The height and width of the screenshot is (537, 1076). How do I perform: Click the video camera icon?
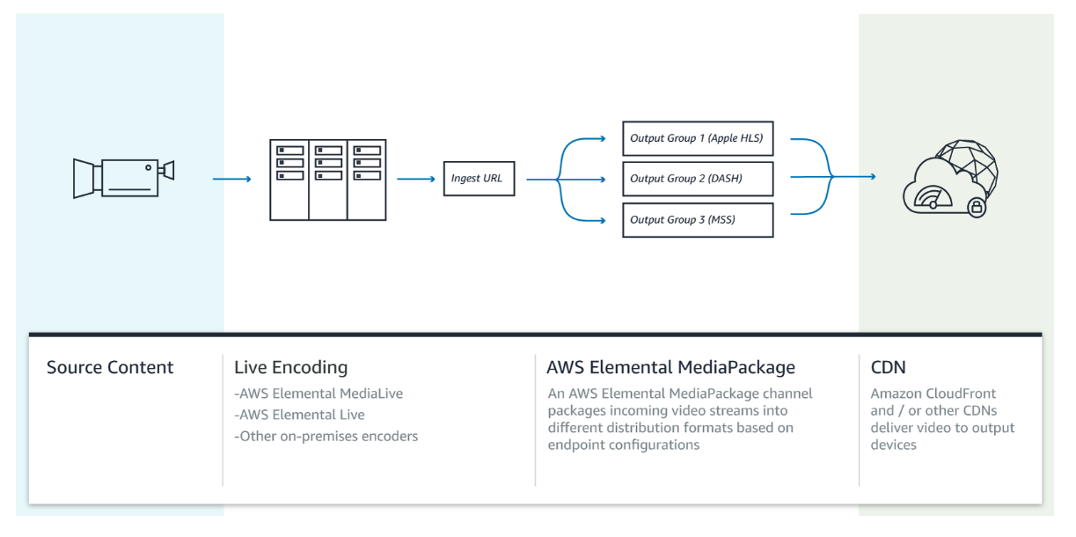(x=123, y=178)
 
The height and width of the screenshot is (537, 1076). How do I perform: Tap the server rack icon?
(x=327, y=180)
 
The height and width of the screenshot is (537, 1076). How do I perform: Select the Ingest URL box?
(x=479, y=179)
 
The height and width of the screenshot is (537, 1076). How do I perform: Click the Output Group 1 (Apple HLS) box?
(x=698, y=138)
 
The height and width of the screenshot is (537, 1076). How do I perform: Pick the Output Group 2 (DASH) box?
(x=698, y=179)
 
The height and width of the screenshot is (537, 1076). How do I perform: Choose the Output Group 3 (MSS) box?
(x=698, y=220)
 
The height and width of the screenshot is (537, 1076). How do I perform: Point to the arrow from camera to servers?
(x=232, y=179)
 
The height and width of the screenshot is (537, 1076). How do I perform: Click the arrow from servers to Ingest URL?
(x=416, y=179)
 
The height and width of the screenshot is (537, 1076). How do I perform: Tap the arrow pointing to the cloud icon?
(x=854, y=177)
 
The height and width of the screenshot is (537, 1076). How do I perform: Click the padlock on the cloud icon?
(x=977, y=208)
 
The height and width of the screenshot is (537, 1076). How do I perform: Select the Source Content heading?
(x=110, y=367)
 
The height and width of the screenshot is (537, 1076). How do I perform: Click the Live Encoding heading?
(x=290, y=368)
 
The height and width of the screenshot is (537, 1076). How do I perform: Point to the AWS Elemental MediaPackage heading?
(x=670, y=368)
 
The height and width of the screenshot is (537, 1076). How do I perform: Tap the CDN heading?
(x=889, y=367)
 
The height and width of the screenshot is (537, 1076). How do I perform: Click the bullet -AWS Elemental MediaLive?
(x=318, y=394)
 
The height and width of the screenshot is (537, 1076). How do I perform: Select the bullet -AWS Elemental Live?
(x=299, y=415)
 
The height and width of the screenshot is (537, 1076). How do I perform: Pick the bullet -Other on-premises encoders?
(x=326, y=436)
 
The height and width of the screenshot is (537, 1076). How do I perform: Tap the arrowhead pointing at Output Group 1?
(x=603, y=139)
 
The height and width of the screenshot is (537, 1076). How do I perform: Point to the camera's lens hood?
(x=84, y=179)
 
